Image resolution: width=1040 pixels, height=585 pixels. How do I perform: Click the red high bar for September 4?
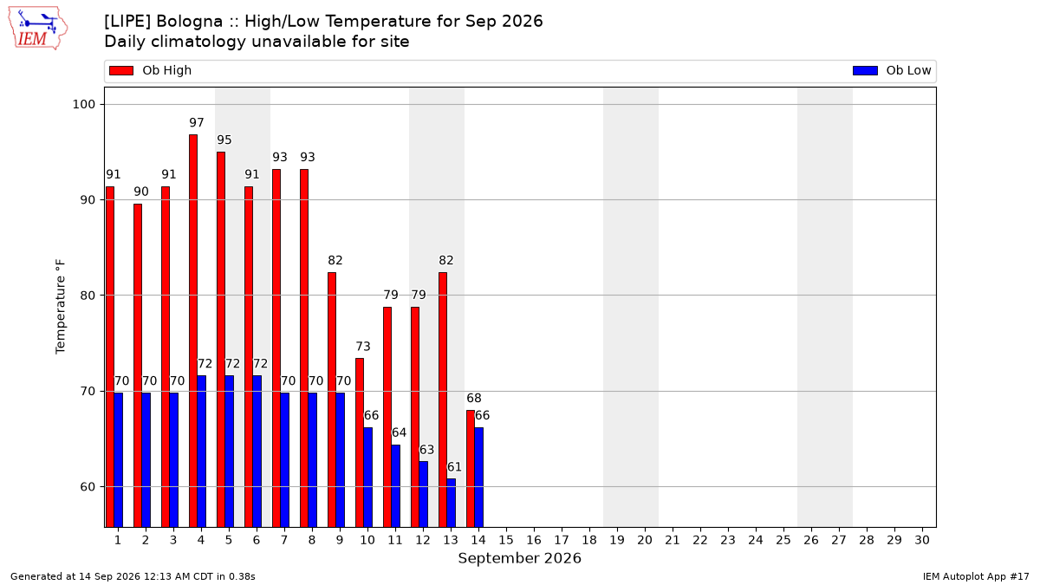coord(193,331)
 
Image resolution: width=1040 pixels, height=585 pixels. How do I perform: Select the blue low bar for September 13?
coord(452,504)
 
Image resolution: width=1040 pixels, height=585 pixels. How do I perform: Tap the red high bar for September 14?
coord(471,469)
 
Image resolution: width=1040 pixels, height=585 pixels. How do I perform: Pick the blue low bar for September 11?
coord(395,486)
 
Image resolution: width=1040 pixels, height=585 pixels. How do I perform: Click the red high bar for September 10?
coord(360,443)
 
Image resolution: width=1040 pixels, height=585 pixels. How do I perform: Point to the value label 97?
coord(197,122)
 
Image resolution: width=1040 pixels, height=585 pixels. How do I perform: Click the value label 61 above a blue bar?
coord(454,466)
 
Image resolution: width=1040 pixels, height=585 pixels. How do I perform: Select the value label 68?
coord(474,398)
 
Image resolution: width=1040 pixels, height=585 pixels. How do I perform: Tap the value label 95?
coord(224,140)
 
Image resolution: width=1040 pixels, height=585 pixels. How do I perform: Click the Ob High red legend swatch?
coord(121,70)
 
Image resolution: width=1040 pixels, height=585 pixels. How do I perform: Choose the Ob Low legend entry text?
coord(908,70)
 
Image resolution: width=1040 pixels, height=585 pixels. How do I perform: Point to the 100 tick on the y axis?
coord(83,105)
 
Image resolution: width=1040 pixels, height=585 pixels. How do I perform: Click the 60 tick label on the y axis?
coord(88,487)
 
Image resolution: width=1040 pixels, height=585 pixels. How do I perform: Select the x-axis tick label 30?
coord(922,540)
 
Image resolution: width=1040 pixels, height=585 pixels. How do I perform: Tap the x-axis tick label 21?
coord(673,540)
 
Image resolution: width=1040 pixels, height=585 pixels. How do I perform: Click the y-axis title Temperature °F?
coord(61,307)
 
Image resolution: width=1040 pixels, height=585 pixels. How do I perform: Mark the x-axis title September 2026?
coord(519,558)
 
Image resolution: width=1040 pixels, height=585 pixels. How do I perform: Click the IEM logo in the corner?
coord(37,29)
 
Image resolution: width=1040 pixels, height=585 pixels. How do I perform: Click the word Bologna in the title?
coord(190,22)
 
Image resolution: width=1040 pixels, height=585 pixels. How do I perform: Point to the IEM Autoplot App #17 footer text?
coord(976,576)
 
